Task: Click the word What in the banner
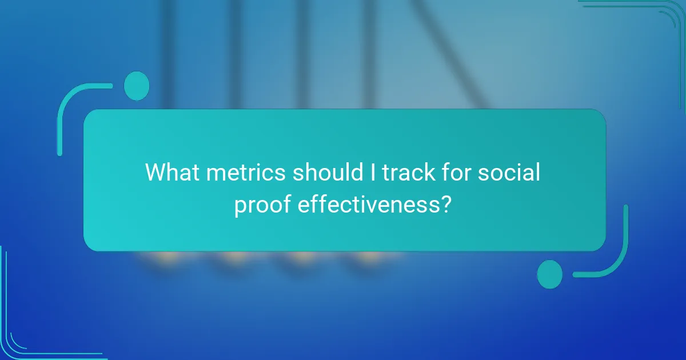(x=170, y=173)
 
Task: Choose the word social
(x=509, y=173)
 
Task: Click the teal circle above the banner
(x=137, y=86)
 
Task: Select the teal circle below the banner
(x=550, y=274)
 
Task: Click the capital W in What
(x=155, y=173)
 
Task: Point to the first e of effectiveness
(x=304, y=205)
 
